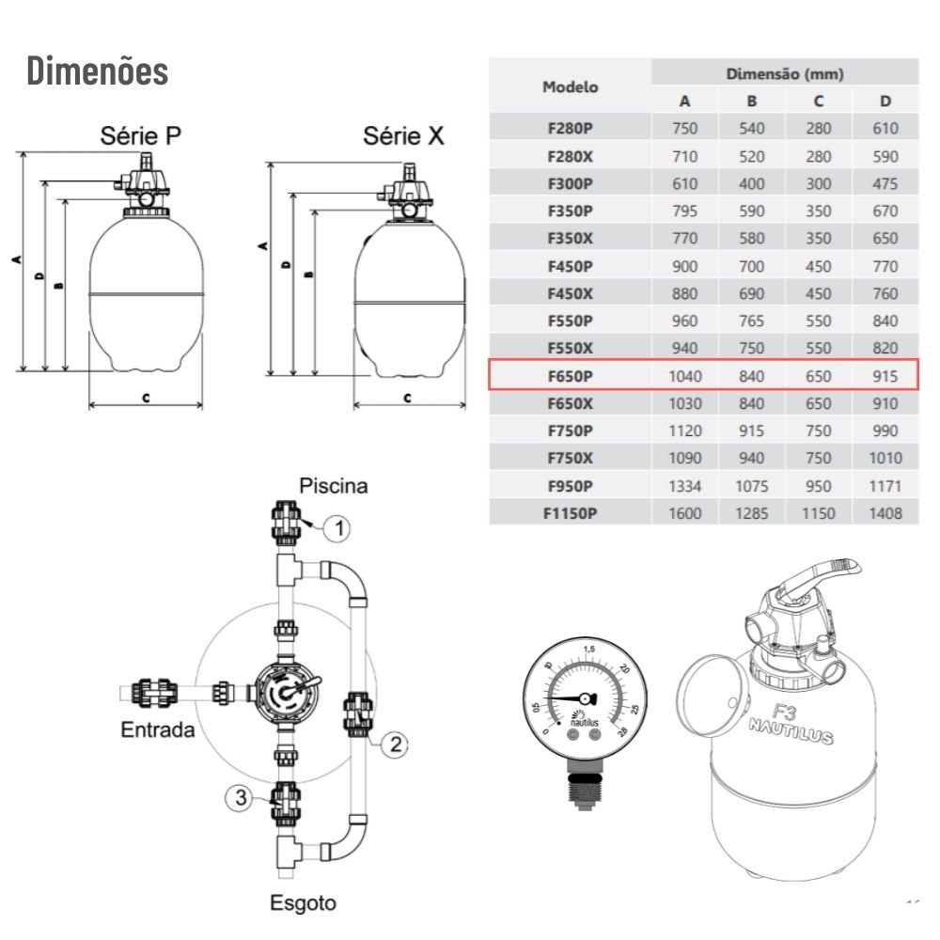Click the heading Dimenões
(97, 70)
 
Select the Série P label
(140, 135)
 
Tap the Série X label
(403, 135)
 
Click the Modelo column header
(571, 86)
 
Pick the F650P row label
(571, 376)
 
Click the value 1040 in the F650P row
(684, 376)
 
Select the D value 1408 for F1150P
(885, 513)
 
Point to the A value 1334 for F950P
(684, 486)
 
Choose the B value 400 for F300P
(751, 183)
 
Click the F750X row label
(571, 458)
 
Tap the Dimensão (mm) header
(785, 73)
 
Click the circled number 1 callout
(337, 528)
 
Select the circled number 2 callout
(395, 744)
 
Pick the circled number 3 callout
(240, 797)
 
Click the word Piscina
(334, 486)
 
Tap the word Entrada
(158, 729)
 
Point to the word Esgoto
(303, 902)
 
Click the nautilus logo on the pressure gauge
(585, 719)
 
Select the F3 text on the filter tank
(784, 713)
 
